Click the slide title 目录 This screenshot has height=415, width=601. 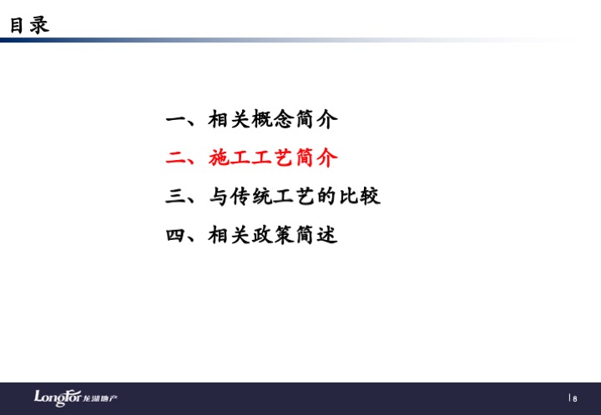[x=29, y=25]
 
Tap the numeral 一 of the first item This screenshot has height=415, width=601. [x=176, y=120]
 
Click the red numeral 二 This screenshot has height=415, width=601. [x=176, y=158]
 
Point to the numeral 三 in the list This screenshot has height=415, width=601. [x=176, y=196]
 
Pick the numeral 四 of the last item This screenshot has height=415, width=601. [x=176, y=235]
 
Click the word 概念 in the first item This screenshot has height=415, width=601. [x=273, y=119]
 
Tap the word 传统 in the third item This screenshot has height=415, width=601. [x=252, y=196]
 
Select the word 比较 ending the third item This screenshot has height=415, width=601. [x=360, y=196]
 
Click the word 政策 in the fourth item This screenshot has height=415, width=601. [x=273, y=235]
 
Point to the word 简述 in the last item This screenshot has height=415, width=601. [x=316, y=235]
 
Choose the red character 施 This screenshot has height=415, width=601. [x=220, y=157]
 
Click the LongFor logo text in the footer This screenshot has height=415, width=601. [x=58, y=397]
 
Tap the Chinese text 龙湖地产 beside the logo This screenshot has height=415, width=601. [x=100, y=398]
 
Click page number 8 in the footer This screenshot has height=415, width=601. [x=575, y=399]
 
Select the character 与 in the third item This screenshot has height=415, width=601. [x=220, y=196]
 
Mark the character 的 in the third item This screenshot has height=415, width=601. [x=327, y=196]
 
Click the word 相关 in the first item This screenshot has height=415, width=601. [x=230, y=119]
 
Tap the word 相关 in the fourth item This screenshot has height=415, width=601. [x=230, y=235]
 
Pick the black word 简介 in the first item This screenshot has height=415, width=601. [x=316, y=119]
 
